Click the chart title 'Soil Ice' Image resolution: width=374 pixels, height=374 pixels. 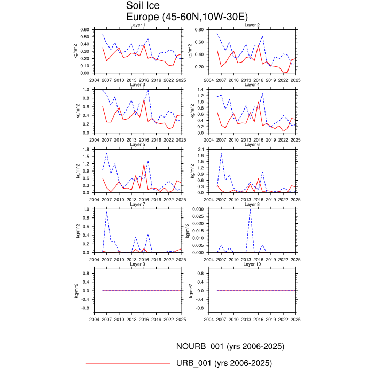142,6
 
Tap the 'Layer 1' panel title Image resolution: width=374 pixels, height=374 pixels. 138,25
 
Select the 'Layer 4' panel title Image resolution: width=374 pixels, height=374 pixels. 252,85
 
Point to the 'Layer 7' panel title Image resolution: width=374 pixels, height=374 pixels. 138,205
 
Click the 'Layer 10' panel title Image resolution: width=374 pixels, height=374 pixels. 252,264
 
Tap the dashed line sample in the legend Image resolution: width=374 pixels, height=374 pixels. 128,347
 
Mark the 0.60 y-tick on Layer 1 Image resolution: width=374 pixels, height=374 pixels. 84,30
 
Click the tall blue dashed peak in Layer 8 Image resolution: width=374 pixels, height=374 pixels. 250,210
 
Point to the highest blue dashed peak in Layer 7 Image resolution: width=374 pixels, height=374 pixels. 106,212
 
